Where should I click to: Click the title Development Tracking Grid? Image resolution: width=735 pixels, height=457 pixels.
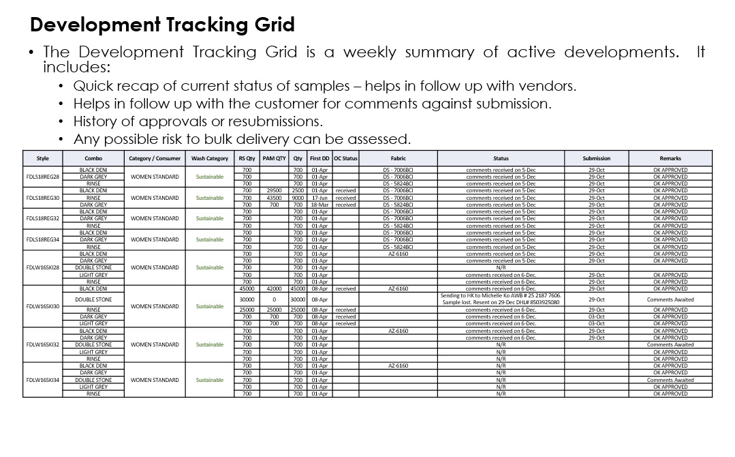[x=162, y=25]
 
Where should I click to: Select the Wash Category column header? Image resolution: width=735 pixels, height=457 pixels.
[x=209, y=158]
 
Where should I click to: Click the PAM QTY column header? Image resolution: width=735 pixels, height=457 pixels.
[x=274, y=158]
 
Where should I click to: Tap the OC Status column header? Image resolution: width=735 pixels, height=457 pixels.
[x=345, y=158]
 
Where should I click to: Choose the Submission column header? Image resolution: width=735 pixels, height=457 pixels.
[x=596, y=158]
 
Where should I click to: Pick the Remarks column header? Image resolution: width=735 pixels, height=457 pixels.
[x=670, y=158]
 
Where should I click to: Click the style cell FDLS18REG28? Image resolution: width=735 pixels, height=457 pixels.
[x=42, y=177]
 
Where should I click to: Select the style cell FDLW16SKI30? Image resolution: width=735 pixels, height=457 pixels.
[x=42, y=306]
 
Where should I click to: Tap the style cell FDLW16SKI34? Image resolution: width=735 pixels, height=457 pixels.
[x=42, y=380]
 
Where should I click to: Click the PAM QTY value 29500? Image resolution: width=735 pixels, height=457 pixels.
[x=274, y=191]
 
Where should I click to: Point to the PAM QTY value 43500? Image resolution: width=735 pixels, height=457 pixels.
[x=274, y=198]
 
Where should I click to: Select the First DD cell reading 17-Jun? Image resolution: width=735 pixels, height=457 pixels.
[x=319, y=198]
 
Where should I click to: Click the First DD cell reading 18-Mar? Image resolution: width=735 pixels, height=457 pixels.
[x=319, y=205]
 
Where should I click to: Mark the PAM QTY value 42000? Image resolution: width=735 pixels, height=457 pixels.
[x=274, y=289]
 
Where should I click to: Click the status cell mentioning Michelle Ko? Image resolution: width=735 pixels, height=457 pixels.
[x=501, y=299]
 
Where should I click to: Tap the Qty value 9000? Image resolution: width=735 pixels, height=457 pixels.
[x=298, y=198]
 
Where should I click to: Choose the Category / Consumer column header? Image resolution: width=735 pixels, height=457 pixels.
[x=155, y=158]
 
